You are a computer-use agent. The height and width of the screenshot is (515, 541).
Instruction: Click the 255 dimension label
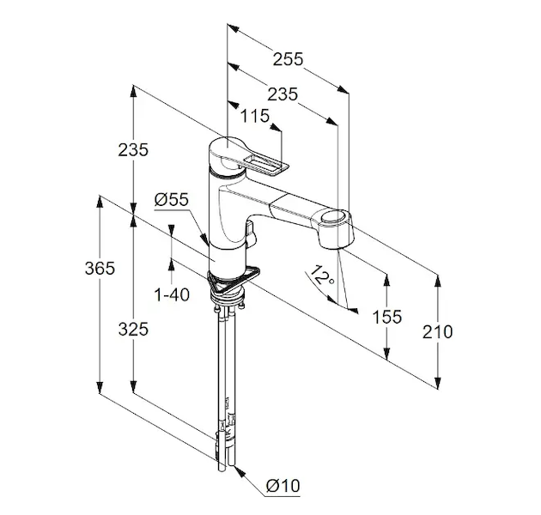pyautogui.click(x=288, y=60)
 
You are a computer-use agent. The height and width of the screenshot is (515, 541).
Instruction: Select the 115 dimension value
pyautogui.click(x=255, y=116)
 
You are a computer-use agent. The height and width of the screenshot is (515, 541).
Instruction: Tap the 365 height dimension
pyautogui.click(x=100, y=269)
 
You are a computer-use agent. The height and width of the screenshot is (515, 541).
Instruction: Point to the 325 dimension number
pyautogui.click(x=132, y=329)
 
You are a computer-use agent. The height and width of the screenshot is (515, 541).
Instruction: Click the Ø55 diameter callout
pyautogui.click(x=171, y=199)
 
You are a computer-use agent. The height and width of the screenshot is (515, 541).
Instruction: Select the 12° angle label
pyautogui.click(x=322, y=277)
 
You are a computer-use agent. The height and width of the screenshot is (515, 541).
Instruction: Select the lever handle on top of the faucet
pyautogui.click(x=258, y=162)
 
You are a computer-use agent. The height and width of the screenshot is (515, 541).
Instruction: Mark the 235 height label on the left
pyautogui.click(x=133, y=149)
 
